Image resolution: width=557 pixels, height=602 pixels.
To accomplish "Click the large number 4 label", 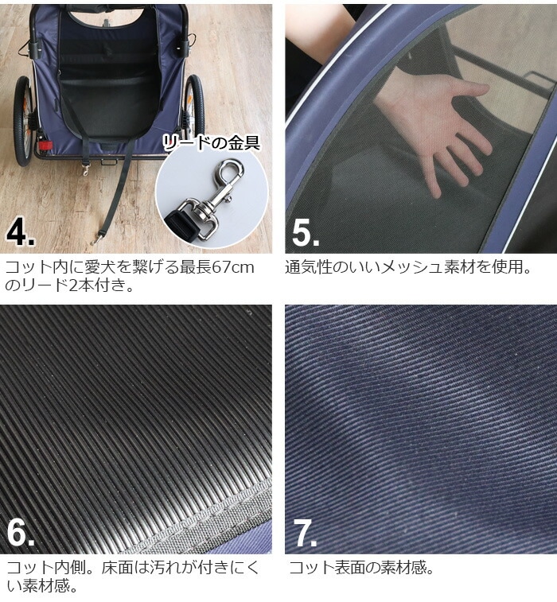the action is point(20,232).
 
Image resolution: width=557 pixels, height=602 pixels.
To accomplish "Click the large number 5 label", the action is point(305,232).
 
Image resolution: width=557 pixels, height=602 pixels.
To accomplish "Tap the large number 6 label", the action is point(21,532).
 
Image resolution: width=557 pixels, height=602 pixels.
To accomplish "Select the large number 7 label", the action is point(305,533).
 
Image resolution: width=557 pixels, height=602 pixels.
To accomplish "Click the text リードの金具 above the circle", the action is point(211,143).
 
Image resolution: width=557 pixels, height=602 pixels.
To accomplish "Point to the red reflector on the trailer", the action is point(45,146).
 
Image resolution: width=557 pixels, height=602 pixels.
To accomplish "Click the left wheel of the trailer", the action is point(24,121).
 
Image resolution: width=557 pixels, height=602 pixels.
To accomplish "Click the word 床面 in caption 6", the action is point(118,568).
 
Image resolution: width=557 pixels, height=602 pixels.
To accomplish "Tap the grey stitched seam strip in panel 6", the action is point(200,516).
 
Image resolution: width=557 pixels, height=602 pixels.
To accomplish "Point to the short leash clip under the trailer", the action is point(86,169).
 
